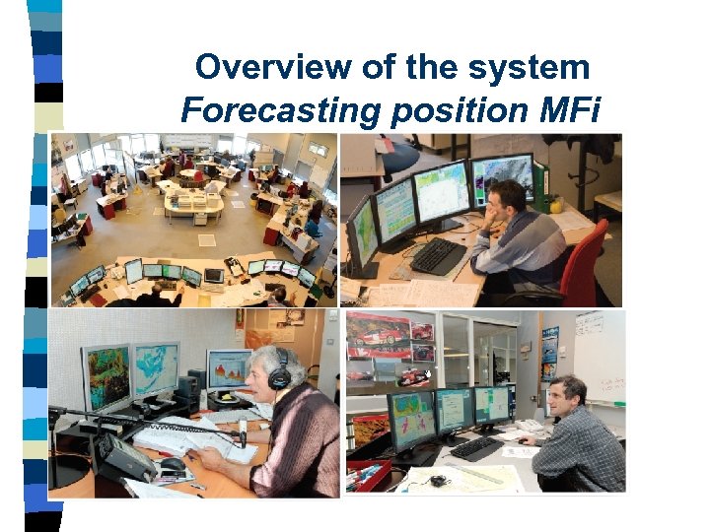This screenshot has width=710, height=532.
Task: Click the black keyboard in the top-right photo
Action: pyautogui.click(x=438, y=256)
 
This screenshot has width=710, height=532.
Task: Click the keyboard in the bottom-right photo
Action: pyautogui.click(x=476, y=448)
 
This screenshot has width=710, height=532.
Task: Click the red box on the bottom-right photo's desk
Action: pyautogui.click(x=369, y=474)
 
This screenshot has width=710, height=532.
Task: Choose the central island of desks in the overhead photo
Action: pyautogui.click(x=193, y=201)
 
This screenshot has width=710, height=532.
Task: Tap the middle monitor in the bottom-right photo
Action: pyautogui.click(x=454, y=409)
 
